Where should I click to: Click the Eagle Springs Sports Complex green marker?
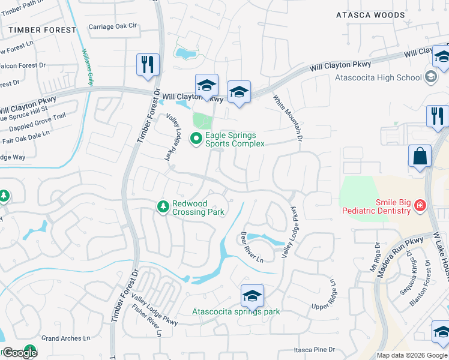[196, 139]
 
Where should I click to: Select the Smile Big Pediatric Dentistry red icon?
[420, 206]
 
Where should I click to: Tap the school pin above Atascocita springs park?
[252, 296]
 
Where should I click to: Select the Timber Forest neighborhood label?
[42, 29]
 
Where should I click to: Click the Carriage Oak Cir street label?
[113, 26]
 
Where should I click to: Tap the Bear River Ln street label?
[252, 247]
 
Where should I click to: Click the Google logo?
[19, 353]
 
